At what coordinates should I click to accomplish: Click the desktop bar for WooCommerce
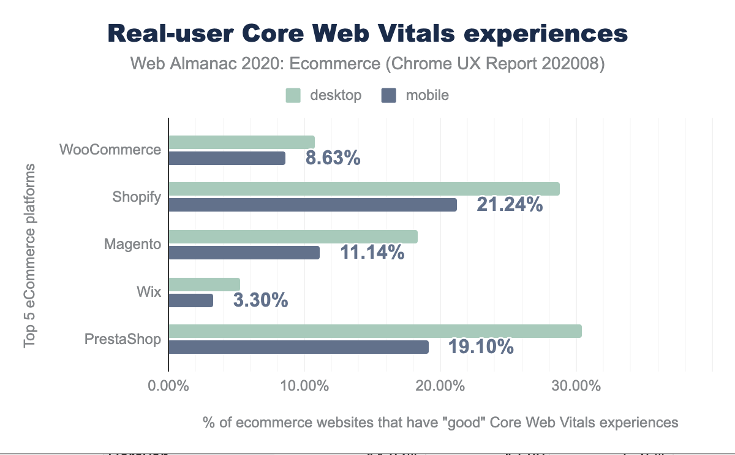click(x=241, y=142)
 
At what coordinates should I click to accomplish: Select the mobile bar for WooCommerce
click(x=227, y=158)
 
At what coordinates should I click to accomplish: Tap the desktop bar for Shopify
click(x=364, y=189)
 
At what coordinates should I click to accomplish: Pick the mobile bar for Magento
click(x=244, y=253)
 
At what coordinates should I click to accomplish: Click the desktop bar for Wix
click(x=204, y=285)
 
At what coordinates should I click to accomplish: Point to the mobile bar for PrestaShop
click(x=298, y=347)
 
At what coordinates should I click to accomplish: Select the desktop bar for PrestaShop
click(x=375, y=332)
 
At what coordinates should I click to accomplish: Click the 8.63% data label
click(x=333, y=158)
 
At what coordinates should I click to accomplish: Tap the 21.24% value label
click(x=510, y=205)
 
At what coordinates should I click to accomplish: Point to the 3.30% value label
click(x=260, y=300)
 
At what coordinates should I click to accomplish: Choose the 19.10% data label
click(x=481, y=347)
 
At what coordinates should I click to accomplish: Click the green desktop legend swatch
click(x=293, y=95)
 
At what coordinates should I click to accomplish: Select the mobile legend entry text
click(x=428, y=95)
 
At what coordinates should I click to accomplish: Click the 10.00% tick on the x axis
click(x=304, y=387)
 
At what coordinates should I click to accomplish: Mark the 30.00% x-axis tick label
click(x=576, y=387)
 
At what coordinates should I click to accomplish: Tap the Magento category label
click(x=132, y=244)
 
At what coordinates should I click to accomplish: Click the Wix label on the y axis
click(x=149, y=292)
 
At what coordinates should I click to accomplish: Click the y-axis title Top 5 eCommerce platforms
click(x=29, y=255)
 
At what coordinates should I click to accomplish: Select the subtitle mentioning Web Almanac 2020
click(x=367, y=64)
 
